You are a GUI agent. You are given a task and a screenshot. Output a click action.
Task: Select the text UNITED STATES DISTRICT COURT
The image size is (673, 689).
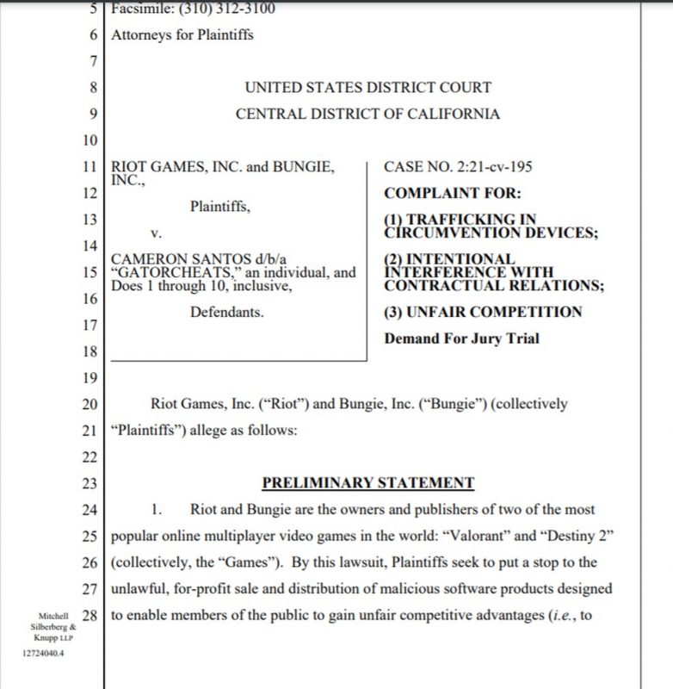click(367, 87)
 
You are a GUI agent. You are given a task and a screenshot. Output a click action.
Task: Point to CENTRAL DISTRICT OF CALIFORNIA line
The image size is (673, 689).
click(367, 114)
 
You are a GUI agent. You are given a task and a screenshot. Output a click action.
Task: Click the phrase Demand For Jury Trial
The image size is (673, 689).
click(461, 338)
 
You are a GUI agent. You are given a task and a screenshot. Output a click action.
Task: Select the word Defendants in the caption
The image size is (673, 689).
click(226, 313)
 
